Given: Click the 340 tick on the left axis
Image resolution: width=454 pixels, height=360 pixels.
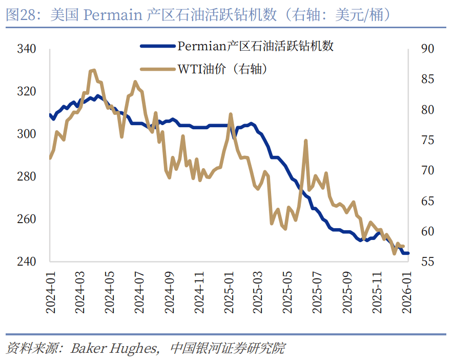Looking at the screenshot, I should pyautogui.click(x=26, y=49).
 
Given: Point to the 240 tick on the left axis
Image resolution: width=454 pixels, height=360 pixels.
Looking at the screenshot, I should pyautogui.click(x=26, y=262).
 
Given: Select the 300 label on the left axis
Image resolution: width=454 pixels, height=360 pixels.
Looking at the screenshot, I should pyautogui.click(x=26, y=134).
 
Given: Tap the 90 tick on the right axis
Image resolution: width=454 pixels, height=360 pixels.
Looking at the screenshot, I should pyautogui.click(x=427, y=49).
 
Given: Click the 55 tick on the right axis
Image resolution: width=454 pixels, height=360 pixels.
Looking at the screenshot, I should pyautogui.click(x=427, y=262).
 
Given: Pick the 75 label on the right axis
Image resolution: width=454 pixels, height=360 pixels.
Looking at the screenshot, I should pyautogui.click(x=427, y=141).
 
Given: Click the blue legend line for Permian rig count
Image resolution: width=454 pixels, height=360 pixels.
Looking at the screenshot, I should pyautogui.click(x=158, y=46).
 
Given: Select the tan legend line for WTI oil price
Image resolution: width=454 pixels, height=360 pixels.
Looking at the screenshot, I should pyautogui.click(x=158, y=69).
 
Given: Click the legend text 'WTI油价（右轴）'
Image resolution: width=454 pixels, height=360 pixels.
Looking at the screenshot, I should pyautogui.click(x=222, y=69).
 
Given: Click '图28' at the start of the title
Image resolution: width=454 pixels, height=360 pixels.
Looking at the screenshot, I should pyautogui.click(x=19, y=15).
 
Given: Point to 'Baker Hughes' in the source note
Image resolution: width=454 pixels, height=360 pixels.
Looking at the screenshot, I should pyautogui.click(x=113, y=349).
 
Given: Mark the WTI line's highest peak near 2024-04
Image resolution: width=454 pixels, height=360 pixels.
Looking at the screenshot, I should pyautogui.click(x=93, y=70).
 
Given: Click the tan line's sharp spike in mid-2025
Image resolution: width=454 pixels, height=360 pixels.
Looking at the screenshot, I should pyautogui.click(x=305, y=141).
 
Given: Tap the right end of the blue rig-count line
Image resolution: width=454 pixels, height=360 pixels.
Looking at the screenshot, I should pyautogui.click(x=408, y=253).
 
